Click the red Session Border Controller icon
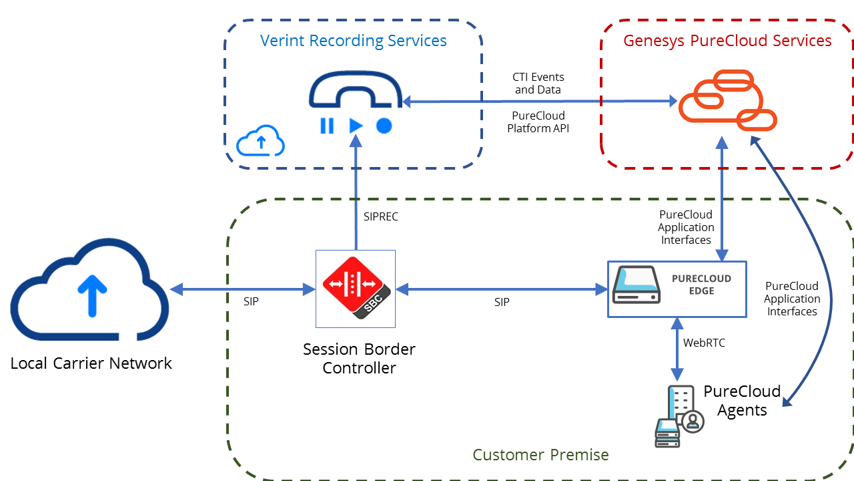pos(355,288)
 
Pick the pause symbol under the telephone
pos(327,126)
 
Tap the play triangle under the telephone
pos(356,126)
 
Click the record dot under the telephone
pos(384,126)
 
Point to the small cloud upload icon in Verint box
pos(261,141)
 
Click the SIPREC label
pos(381,217)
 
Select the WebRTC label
pos(704,343)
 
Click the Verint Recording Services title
pos(353,41)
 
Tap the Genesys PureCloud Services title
pos(727,41)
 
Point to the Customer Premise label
pos(540,455)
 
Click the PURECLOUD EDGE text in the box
pos(701,285)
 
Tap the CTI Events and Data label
pos(538,84)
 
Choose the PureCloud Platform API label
pos(538,122)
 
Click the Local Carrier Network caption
pos(91,363)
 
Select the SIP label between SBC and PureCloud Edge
pos(502,302)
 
